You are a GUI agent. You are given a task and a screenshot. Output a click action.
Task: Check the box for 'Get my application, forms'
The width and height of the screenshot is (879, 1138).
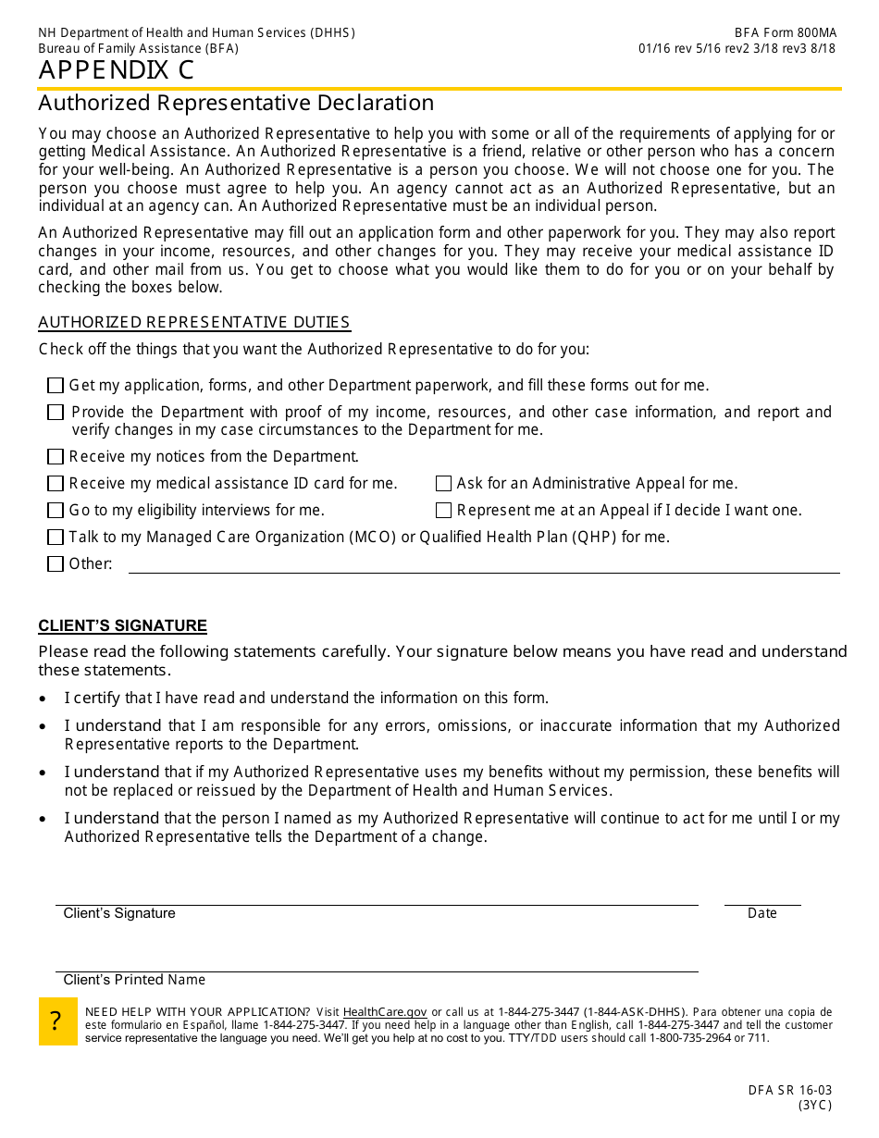56,386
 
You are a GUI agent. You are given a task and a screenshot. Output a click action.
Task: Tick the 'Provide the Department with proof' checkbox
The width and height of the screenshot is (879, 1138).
56,413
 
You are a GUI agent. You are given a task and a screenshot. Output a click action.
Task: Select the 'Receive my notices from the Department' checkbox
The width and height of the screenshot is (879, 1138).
56,457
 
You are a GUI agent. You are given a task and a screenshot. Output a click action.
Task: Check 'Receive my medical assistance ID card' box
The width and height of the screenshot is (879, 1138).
56,484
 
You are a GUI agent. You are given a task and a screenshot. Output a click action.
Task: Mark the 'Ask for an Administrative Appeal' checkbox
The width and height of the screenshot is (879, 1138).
443,484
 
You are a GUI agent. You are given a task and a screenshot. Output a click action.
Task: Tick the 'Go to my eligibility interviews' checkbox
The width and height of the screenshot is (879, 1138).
56,511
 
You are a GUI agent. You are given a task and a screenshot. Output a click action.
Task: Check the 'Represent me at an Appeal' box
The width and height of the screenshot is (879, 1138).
443,511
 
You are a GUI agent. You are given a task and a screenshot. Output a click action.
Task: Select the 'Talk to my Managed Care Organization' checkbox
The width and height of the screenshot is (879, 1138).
56,538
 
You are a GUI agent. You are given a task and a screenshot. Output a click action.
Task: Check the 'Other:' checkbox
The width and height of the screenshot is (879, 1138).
56,564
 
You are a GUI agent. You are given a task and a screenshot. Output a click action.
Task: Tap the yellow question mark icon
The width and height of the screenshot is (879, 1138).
57,1021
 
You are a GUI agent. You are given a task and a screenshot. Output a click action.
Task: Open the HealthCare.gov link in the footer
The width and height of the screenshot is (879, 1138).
385,1012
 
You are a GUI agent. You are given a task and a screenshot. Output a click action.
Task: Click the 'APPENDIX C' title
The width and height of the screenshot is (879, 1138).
117,71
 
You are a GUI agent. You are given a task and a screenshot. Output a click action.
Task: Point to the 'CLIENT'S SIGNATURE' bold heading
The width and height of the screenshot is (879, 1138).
122,626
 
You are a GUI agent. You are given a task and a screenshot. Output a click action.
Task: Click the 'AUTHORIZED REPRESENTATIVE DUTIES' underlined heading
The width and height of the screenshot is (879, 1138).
194,323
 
